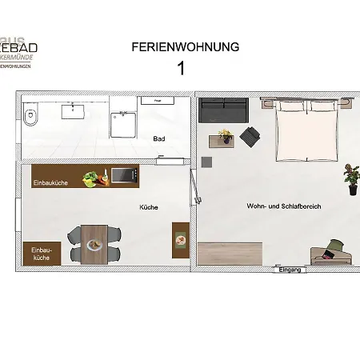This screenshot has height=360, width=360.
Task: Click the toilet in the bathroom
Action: pos(30,116)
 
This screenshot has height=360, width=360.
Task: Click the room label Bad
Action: pos(159,139)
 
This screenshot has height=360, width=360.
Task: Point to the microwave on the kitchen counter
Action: pos(119,175)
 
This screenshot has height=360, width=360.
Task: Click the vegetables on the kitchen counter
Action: pos(95,178)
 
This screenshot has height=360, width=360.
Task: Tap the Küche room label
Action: pos(149,207)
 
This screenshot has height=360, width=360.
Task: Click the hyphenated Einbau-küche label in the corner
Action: pos(42,254)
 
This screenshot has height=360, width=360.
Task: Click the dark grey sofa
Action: pos(220,110)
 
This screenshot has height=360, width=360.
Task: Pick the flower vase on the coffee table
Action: pos(225,137)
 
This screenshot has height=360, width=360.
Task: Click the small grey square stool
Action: pos(206,162)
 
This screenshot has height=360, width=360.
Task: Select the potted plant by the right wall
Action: pos(351,178)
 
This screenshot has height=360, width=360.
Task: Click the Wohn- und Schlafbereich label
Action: pos(284,206)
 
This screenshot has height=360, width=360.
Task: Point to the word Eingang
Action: pos(290,270)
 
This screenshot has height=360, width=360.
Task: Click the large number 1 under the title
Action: pos(181,69)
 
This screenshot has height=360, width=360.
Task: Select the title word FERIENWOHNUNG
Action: pos(185,47)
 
